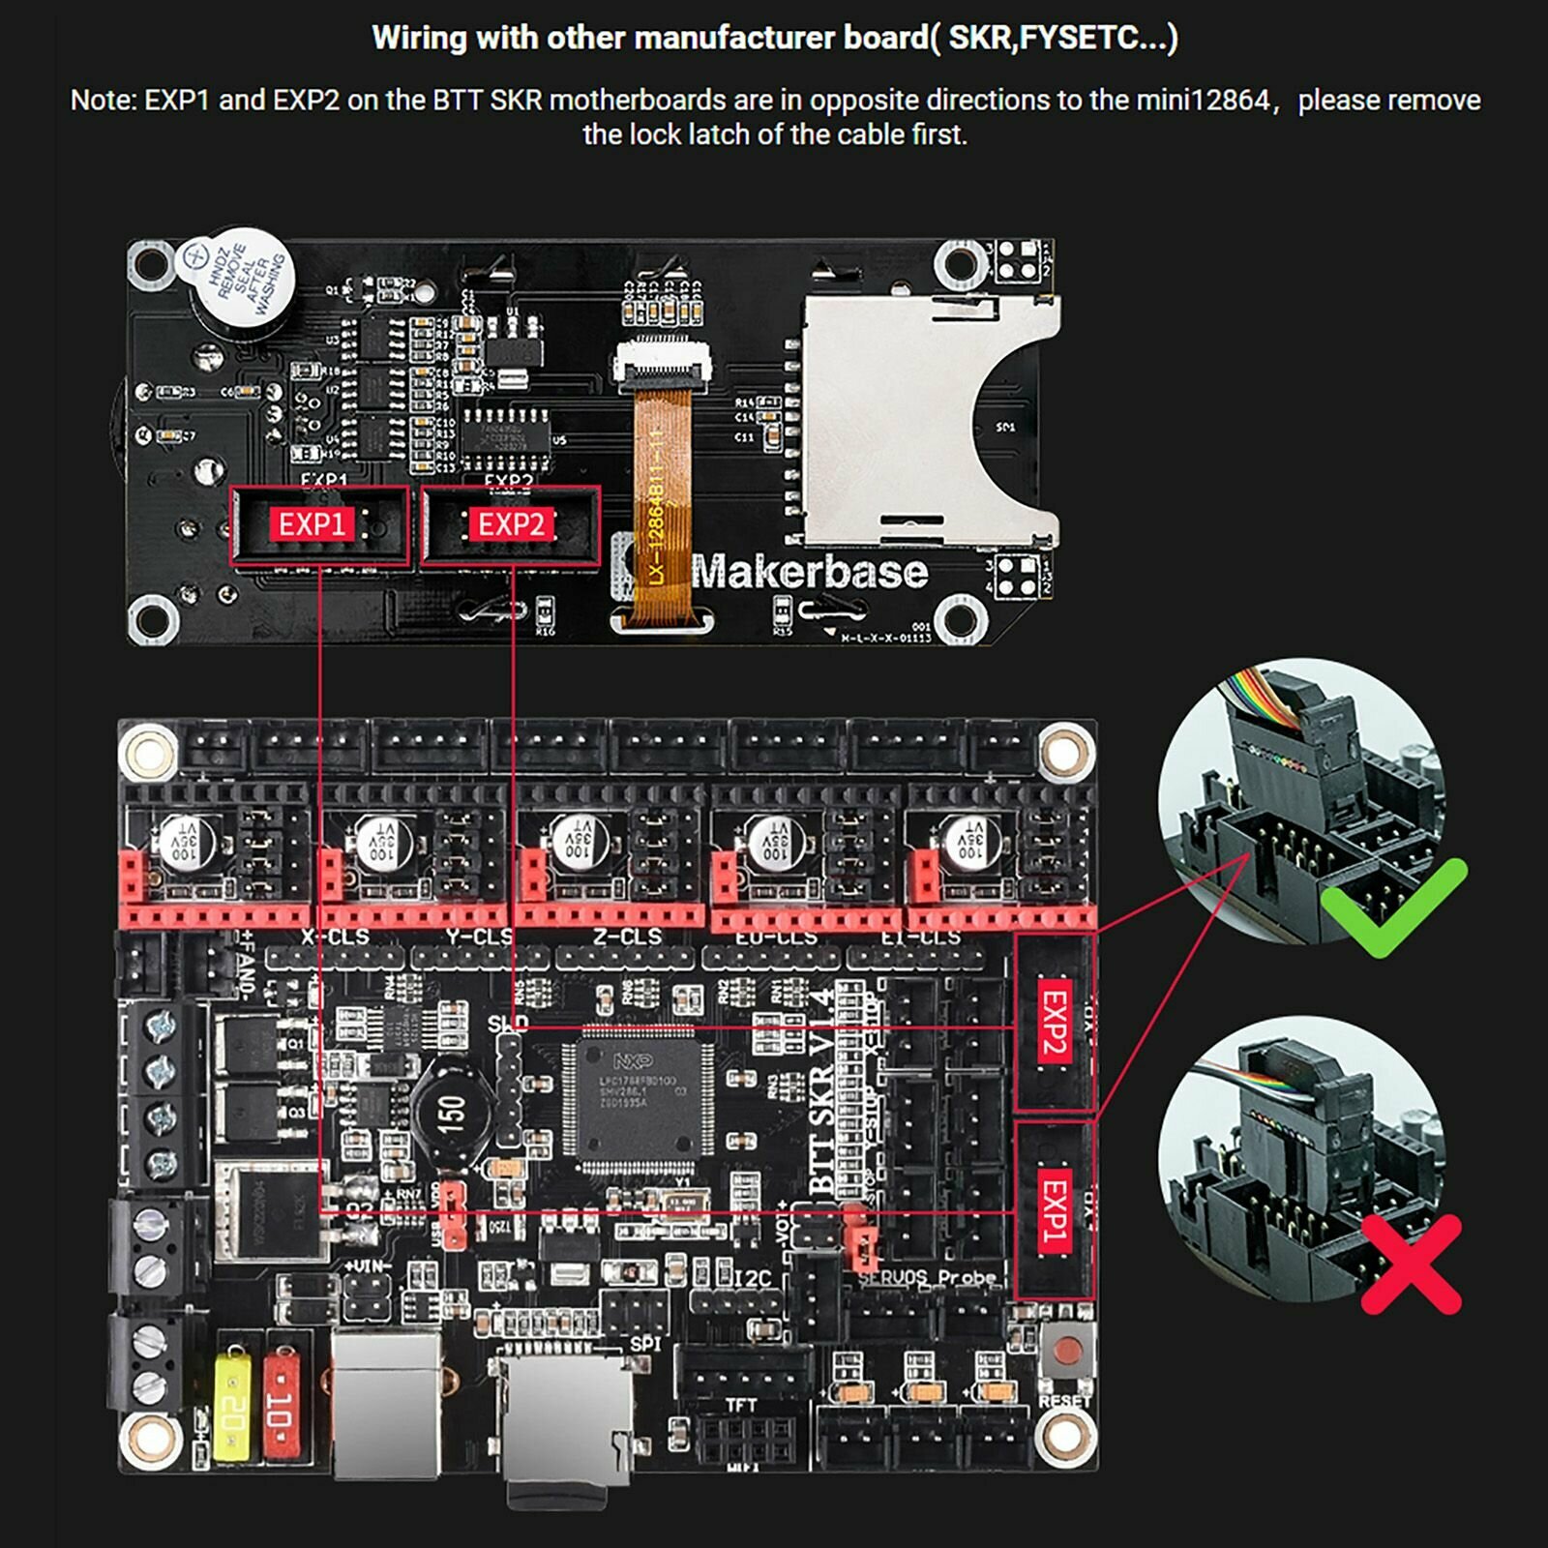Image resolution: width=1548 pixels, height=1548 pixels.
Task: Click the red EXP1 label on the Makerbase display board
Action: [x=312, y=524]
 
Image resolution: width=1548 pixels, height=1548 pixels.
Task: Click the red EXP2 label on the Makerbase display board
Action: [x=511, y=524]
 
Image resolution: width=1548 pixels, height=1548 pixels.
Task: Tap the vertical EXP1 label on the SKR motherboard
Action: [x=1054, y=1210]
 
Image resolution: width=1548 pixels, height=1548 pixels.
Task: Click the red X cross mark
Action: [x=1411, y=1264]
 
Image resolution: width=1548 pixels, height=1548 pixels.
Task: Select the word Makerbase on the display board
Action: [x=810, y=572]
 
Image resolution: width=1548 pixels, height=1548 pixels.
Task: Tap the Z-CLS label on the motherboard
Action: [x=627, y=937]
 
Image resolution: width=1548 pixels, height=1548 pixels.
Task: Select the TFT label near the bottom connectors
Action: [x=742, y=1405]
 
